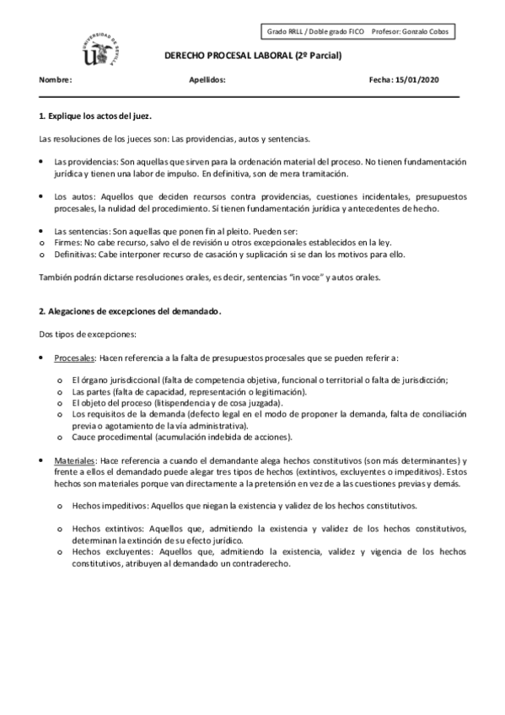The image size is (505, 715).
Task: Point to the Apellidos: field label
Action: pyautogui.click(x=208, y=80)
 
